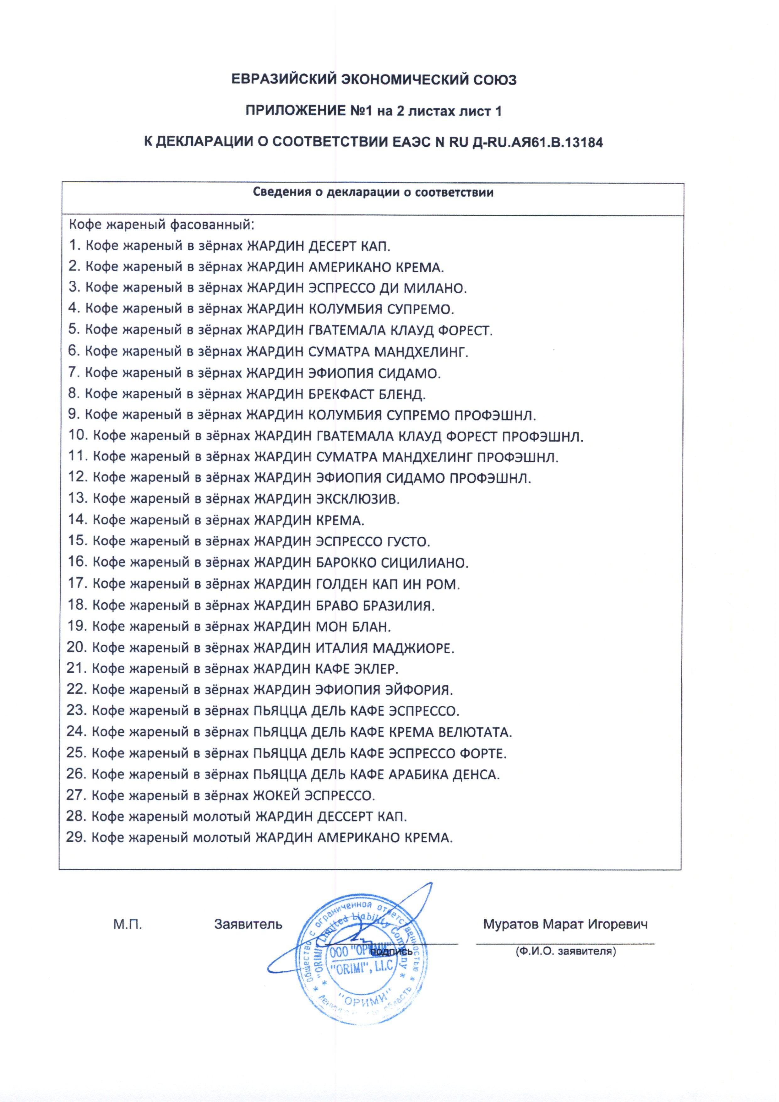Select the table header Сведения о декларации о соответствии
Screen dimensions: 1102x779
pos(373,193)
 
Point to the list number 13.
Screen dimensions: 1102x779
pos(77,498)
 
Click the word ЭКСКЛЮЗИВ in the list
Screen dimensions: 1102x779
pos(357,499)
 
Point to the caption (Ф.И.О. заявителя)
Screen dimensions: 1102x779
pos(565,951)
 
